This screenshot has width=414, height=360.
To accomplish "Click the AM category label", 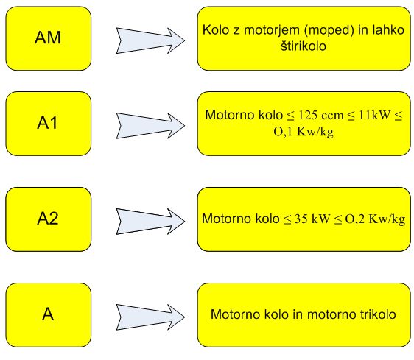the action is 48,38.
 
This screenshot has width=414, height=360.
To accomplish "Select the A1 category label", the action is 48,123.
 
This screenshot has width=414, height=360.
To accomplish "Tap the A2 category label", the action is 48,218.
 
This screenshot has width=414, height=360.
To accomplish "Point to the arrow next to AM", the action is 150,40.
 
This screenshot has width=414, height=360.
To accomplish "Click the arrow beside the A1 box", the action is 150,126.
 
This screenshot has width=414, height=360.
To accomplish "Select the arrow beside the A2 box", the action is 150,222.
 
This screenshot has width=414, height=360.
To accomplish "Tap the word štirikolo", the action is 304,46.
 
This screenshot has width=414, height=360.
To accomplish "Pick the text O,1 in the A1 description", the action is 283,132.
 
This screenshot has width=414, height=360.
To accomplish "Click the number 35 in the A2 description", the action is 301,219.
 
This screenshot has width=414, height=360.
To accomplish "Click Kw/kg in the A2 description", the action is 387,219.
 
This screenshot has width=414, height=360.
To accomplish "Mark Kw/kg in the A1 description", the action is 315,132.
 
